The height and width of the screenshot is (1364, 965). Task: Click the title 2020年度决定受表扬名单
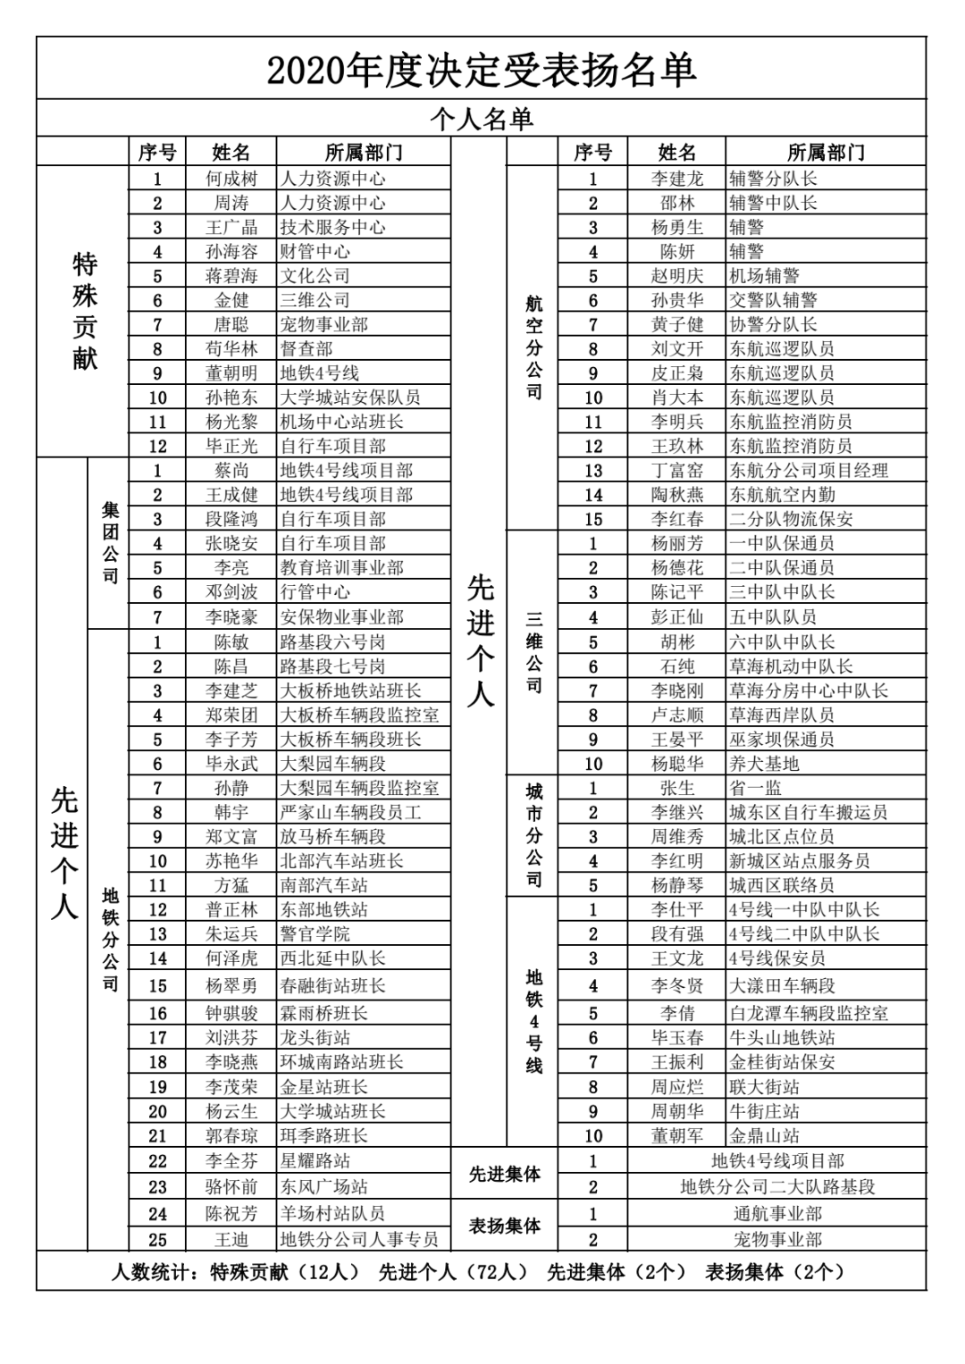pyautogui.click(x=481, y=71)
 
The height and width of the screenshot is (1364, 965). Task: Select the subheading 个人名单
pyautogui.click(x=481, y=119)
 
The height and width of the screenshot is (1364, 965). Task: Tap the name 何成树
pyautogui.click(x=231, y=179)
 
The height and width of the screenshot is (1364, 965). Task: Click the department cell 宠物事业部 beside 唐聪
pyautogui.click(x=323, y=324)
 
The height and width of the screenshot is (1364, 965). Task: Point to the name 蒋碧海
pyautogui.click(x=231, y=276)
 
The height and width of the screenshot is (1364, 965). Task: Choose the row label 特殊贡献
pyautogui.click(x=84, y=311)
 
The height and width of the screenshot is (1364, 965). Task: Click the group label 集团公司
pyautogui.click(x=109, y=543)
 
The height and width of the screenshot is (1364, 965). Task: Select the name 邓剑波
pyautogui.click(x=231, y=592)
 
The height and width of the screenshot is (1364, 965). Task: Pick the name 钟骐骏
pyautogui.click(x=231, y=1013)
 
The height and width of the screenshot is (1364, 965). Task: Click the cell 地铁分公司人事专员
pyautogui.click(x=359, y=1239)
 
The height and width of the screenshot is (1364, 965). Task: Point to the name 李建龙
pyautogui.click(x=676, y=179)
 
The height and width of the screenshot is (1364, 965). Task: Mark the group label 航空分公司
pyautogui.click(x=533, y=348)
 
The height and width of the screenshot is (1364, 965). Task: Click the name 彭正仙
pyautogui.click(x=676, y=617)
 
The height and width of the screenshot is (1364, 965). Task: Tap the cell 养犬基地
pyautogui.click(x=764, y=764)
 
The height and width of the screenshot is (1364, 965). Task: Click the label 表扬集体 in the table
pyautogui.click(x=505, y=1226)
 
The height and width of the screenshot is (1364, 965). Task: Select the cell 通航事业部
pyautogui.click(x=777, y=1214)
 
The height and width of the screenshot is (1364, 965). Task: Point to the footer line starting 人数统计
pyautogui.click(x=481, y=1271)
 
